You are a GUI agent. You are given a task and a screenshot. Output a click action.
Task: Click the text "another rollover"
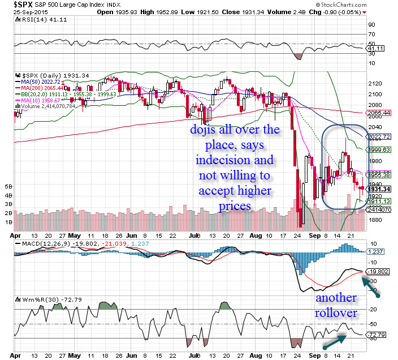pos(336,306)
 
